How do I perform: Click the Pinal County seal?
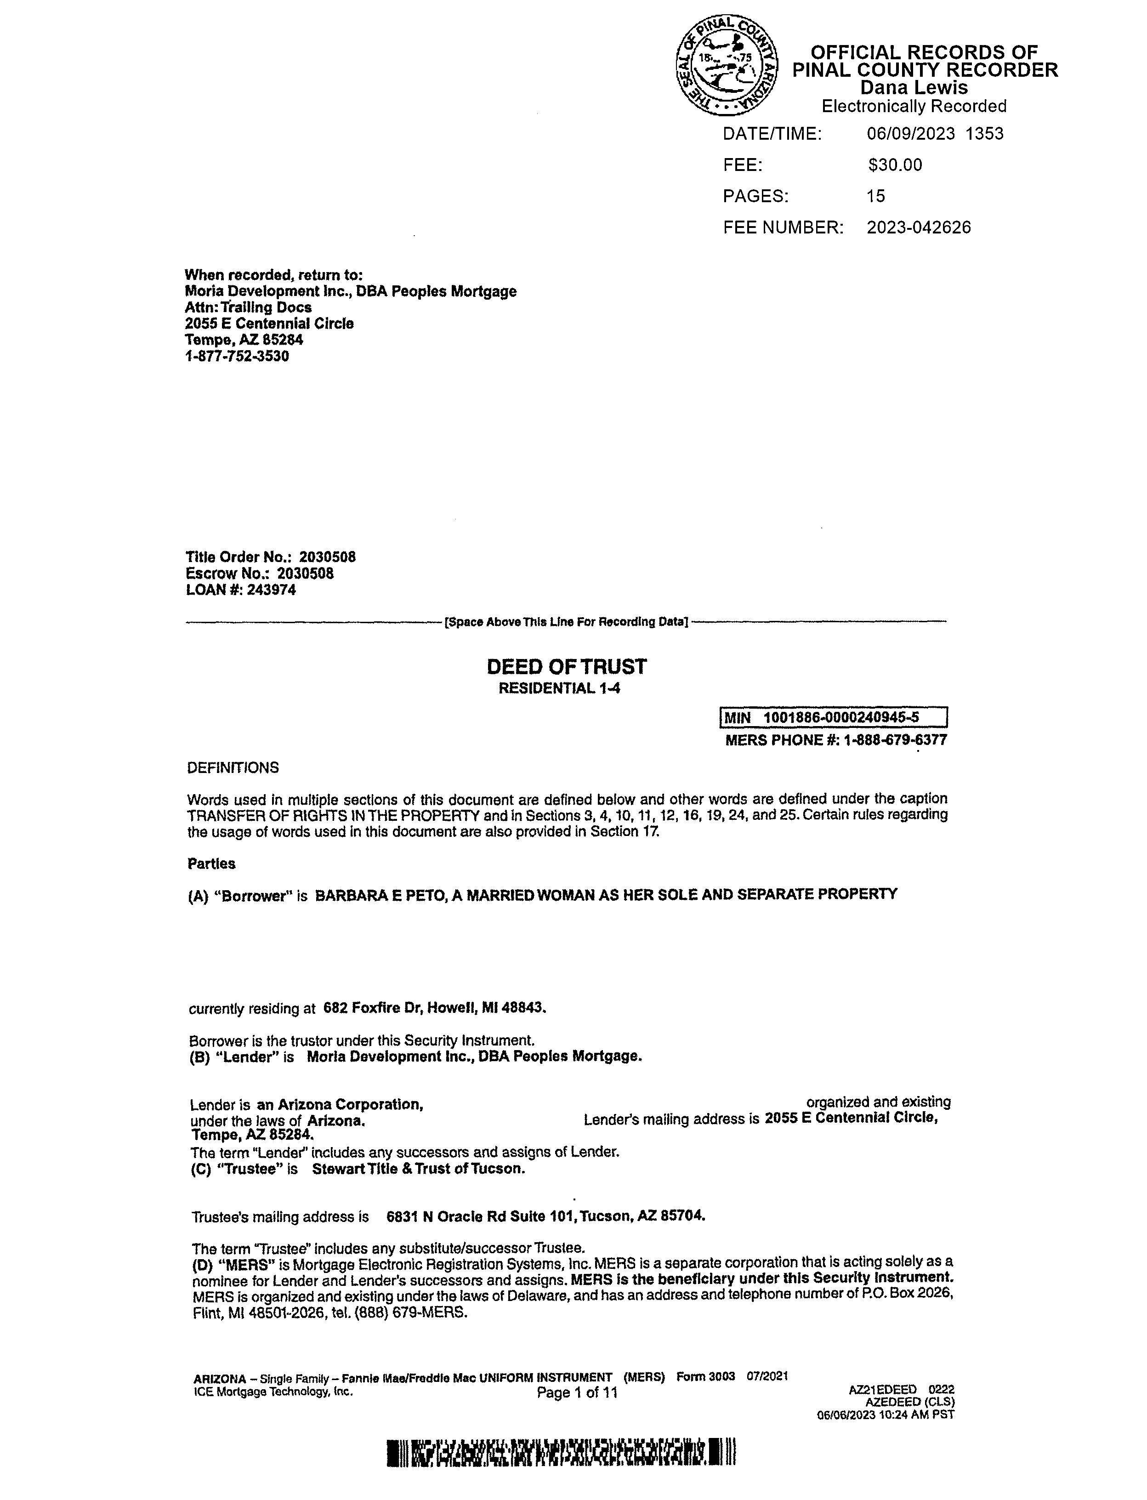coord(726,66)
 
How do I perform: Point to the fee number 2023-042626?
coord(918,227)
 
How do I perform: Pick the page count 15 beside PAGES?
coord(875,197)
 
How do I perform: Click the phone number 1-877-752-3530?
coord(237,357)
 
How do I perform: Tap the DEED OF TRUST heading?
coord(566,666)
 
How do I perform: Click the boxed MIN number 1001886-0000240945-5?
coord(840,717)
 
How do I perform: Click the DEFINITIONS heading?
coord(233,767)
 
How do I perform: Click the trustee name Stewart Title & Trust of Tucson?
coord(419,1168)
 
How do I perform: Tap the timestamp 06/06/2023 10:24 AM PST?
coord(886,1414)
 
